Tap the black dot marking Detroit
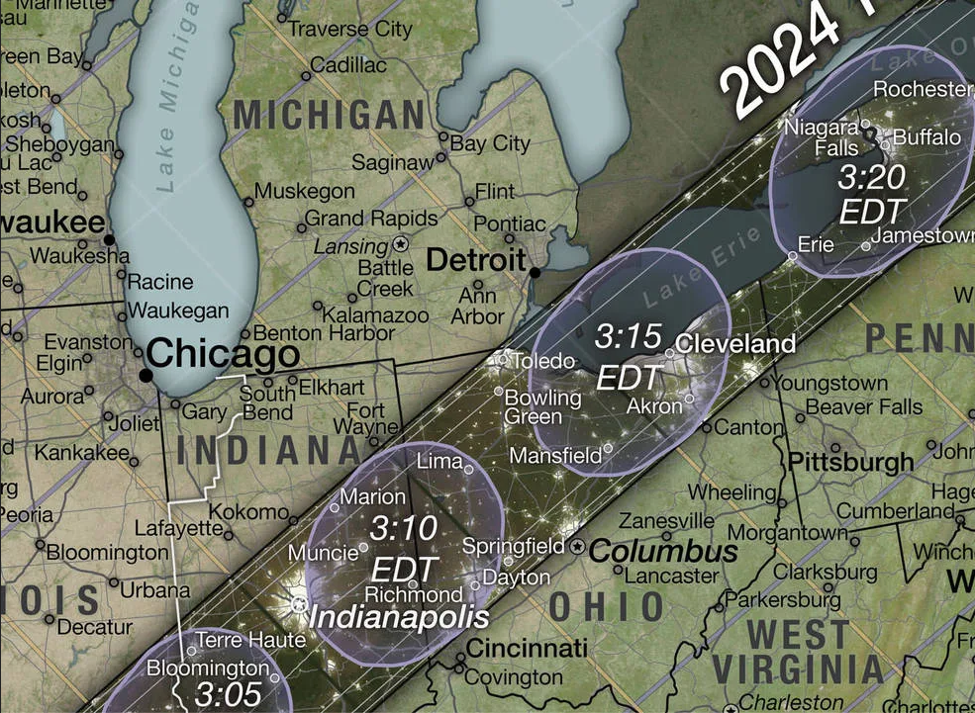pos(535,272)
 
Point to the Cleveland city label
pos(736,344)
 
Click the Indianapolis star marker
pos(298,603)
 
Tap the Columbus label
pos(663,551)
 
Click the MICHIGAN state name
pos(329,115)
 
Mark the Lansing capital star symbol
pos(401,242)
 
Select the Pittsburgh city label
pos(850,462)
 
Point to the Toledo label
pos(541,361)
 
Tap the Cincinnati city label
pos(526,649)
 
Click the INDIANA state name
pos(268,450)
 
